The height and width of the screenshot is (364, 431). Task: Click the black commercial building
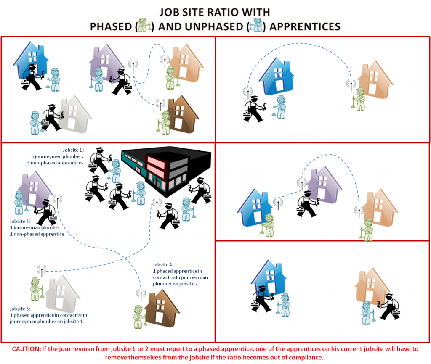click(x=166, y=170)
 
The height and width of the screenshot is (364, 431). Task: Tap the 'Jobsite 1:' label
click(x=73, y=150)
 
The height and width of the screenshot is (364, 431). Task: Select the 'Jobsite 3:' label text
click(x=20, y=309)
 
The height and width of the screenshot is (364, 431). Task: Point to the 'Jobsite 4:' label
click(x=163, y=265)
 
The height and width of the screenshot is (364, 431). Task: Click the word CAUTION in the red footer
click(x=27, y=349)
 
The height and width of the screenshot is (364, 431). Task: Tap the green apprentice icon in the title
click(x=144, y=25)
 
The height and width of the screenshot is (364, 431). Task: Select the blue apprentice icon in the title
click(x=256, y=25)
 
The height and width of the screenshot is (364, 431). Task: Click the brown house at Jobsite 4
click(x=162, y=307)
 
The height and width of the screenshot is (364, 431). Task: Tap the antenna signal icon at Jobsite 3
click(x=42, y=270)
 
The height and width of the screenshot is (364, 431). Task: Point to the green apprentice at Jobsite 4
click(x=140, y=317)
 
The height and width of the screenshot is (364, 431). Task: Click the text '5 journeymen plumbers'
click(x=57, y=156)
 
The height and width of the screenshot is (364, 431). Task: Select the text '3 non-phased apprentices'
click(x=55, y=163)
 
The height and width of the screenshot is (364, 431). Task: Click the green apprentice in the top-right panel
click(x=359, y=99)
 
